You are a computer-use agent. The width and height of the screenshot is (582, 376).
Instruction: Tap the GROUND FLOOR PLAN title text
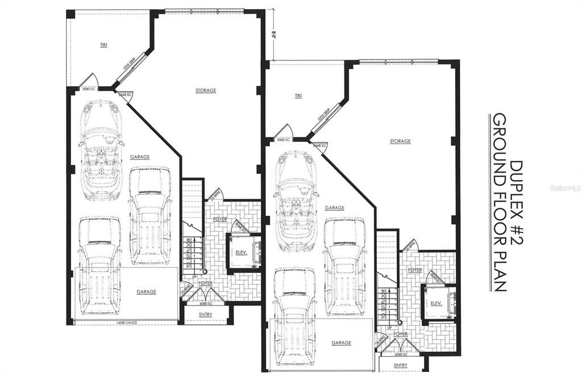coord(498,202)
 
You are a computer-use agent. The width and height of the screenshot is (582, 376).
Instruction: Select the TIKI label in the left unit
coord(103,44)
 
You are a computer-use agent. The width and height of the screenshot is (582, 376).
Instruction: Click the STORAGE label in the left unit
coord(206,90)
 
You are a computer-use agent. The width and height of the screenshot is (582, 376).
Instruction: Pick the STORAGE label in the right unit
coord(400,141)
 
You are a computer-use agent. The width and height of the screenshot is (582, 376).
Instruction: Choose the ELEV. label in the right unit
coord(436,303)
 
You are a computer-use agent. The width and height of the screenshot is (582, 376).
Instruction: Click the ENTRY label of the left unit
coord(206,315)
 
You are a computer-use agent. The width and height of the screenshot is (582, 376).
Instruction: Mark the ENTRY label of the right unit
coord(400,365)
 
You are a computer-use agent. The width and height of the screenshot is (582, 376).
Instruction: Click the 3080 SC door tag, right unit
coord(283,140)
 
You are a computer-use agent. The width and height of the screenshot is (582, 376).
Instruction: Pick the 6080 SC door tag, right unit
coord(400,354)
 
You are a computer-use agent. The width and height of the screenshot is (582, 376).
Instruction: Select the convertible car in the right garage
coord(296,202)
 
